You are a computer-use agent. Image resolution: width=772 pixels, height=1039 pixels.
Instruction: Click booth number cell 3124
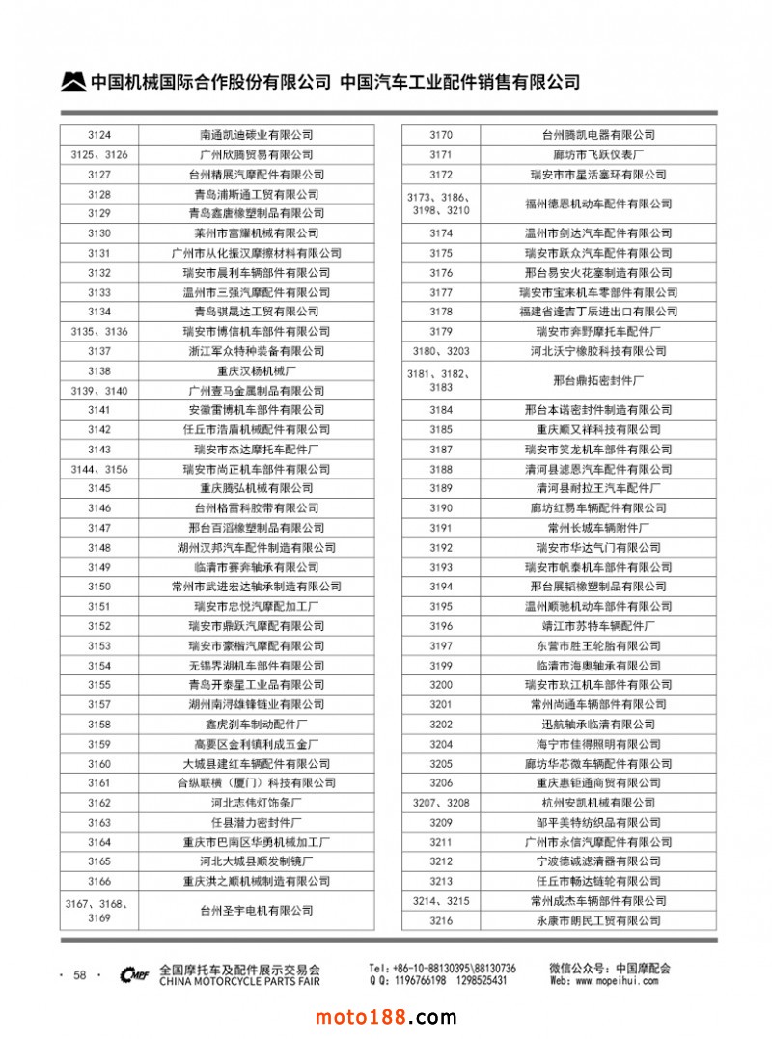(x=99, y=135)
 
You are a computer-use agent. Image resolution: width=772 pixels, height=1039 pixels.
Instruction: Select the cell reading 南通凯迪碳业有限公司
(x=257, y=135)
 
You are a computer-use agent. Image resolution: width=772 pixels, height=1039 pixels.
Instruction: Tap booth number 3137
(x=99, y=351)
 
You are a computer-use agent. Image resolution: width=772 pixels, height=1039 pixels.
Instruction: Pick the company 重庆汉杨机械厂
(x=257, y=370)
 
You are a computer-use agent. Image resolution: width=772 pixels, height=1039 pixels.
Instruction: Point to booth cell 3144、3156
(x=99, y=469)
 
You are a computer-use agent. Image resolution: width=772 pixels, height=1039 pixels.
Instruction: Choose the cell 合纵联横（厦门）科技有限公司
(x=257, y=782)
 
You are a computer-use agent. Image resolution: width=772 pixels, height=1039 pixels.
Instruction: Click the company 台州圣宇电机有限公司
(x=257, y=910)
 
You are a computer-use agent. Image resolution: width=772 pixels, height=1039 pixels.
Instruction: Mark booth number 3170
(x=441, y=135)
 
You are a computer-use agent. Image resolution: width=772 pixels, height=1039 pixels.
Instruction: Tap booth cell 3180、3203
(x=441, y=351)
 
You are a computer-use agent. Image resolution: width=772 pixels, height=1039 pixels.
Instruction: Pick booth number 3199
(x=441, y=666)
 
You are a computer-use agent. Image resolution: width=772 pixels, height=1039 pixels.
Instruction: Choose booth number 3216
(x=441, y=920)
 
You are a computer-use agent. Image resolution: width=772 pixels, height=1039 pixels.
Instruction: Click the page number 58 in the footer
(x=80, y=975)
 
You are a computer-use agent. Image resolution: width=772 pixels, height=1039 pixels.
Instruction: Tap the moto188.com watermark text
(x=386, y=1017)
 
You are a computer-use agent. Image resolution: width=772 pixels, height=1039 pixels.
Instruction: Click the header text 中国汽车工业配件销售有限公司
(x=460, y=83)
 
